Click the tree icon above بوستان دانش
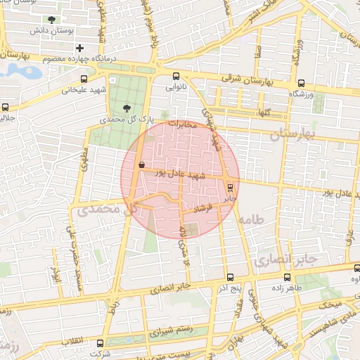click(x=51, y=20)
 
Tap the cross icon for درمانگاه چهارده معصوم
click(x=80, y=48)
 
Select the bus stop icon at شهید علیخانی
click(x=84, y=79)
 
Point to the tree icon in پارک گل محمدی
click(x=126, y=108)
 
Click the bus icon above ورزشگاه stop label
click(x=302, y=82)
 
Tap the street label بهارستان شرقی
click(x=246, y=81)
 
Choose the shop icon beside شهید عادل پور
click(x=142, y=165)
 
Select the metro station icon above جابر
click(x=230, y=187)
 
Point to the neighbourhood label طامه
click(x=250, y=221)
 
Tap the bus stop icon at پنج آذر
click(x=231, y=276)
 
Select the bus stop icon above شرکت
click(x=100, y=344)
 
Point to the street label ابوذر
click(x=57, y=271)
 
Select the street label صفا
click(x=259, y=51)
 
